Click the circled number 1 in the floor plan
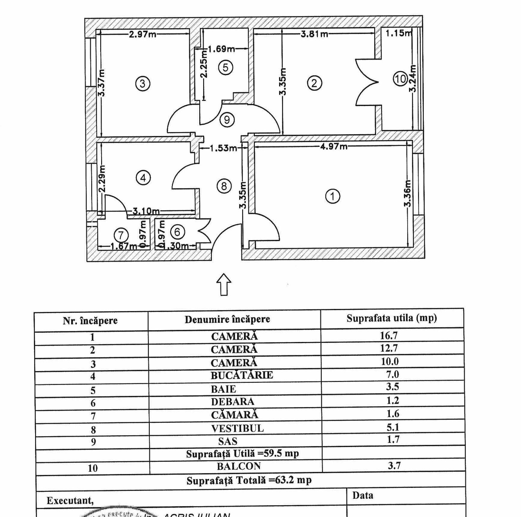tap(333, 196)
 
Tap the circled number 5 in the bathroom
tap(226, 67)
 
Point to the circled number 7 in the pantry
tap(121, 235)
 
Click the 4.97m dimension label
tap(334, 147)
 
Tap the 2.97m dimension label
tap(143, 34)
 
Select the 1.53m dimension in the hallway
tap(223, 149)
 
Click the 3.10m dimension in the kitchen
tap(146, 212)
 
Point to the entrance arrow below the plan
tap(224, 284)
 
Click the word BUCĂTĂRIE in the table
tap(242, 375)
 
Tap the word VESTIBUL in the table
tap(237, 428)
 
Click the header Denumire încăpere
tap(227, 319)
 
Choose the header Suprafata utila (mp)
tap(392, 318)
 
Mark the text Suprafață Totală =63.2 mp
tap(249, 481)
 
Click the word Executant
tap(70, 500)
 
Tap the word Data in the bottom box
tap(363, 495)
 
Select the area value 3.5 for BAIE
tap(392, 387)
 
